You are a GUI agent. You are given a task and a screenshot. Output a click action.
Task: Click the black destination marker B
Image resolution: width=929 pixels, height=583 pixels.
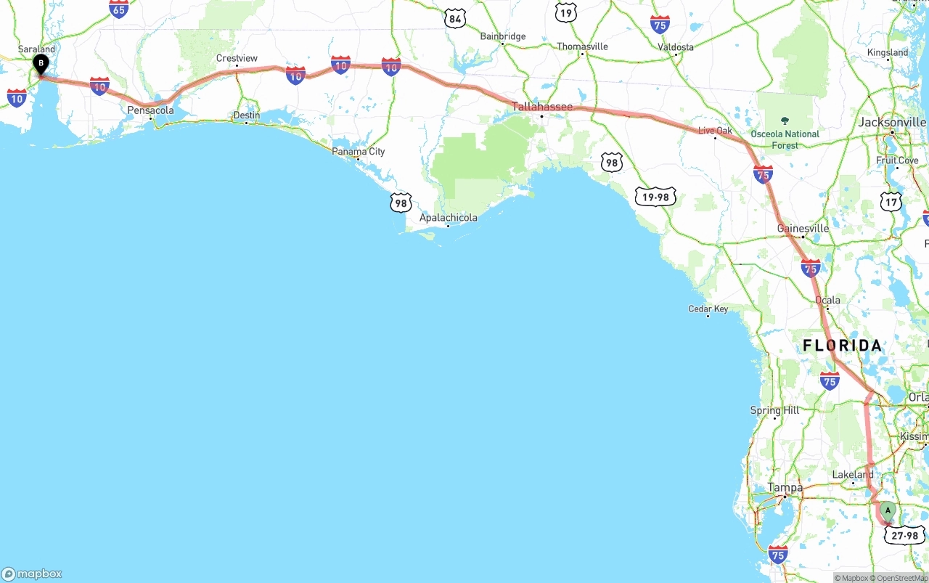(x=41, y=64)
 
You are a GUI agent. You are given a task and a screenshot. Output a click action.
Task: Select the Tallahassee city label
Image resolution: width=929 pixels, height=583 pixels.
(x=541, y=107)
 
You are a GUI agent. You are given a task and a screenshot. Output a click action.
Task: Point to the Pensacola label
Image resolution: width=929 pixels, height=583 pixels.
(x=150, y=110)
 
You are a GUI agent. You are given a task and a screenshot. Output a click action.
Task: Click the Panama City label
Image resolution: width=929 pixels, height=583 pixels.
(x=359, y=151)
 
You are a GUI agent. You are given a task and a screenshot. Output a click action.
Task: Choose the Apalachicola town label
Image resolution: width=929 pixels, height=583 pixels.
(x=449, y=218)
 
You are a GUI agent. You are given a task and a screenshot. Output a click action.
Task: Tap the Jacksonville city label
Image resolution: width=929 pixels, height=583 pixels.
(x=892, y=122)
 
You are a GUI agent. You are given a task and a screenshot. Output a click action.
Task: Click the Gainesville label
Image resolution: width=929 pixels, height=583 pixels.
(x=803, y=228)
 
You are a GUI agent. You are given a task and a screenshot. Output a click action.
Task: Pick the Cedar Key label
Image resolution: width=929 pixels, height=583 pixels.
(x=708, y=309)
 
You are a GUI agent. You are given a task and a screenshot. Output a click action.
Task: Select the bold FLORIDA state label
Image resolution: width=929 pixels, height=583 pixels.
(x=842, y=346)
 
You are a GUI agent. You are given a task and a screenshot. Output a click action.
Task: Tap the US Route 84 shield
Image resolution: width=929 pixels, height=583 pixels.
(x=455, y=19)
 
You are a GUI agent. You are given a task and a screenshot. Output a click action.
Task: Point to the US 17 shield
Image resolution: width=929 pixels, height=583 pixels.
(x=891, y=201)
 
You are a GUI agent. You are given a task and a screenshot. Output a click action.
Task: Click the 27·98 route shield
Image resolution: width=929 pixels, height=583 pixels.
(x=904, y=536)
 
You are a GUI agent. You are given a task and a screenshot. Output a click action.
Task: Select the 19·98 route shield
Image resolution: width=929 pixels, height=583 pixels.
(x=655, y=196)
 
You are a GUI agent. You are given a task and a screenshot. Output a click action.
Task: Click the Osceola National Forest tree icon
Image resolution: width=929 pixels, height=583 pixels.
(x=785, y=121)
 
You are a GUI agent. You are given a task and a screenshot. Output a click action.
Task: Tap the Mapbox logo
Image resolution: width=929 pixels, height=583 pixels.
(x=32, y=574)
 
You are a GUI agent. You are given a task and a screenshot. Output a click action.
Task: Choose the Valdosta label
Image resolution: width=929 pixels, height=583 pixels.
(x=676, y=47)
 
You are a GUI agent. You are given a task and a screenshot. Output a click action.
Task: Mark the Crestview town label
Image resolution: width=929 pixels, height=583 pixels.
(x=237, y=58)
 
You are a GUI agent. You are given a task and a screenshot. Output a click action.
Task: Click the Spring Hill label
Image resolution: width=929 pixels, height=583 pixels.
(x=774, y=410)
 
